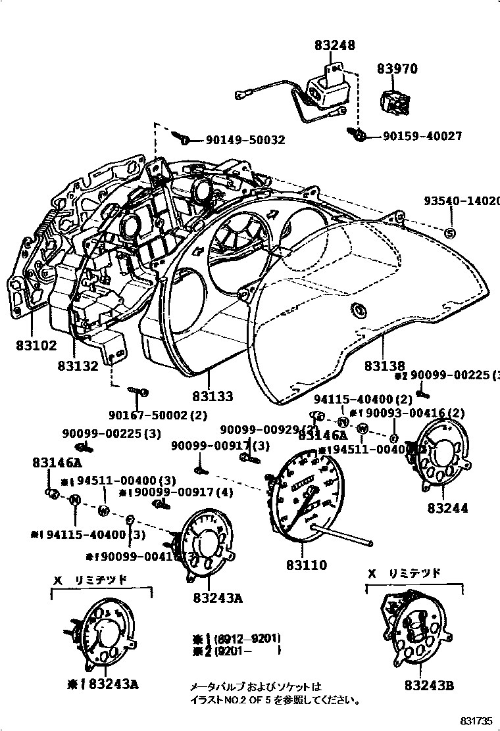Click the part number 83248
(335, 45)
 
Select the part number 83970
(397, 68)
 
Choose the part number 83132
(78, 366)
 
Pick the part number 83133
(213, 396)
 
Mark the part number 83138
(385, 366)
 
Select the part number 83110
(307, 564)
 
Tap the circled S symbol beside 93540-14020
(450, 233)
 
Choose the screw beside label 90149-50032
(184, 139)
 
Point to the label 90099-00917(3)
(220, 446)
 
